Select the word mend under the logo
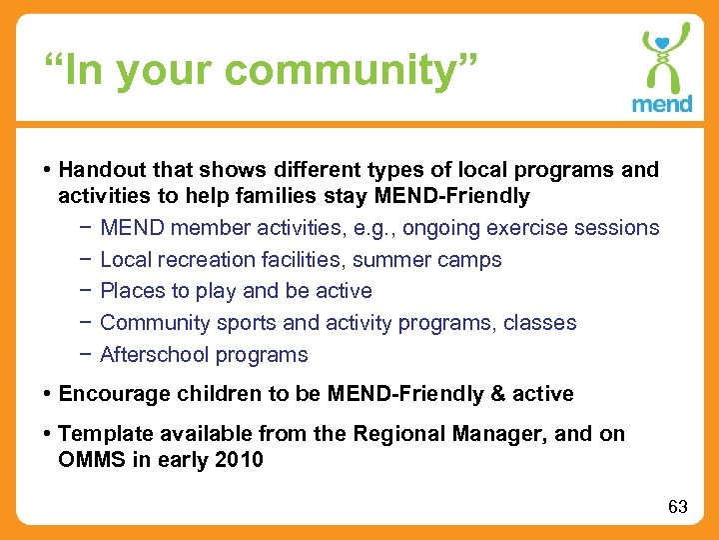click(662, 103)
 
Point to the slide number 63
click(678, 507)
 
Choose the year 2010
click(240, 460)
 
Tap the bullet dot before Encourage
click(49, 394)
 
